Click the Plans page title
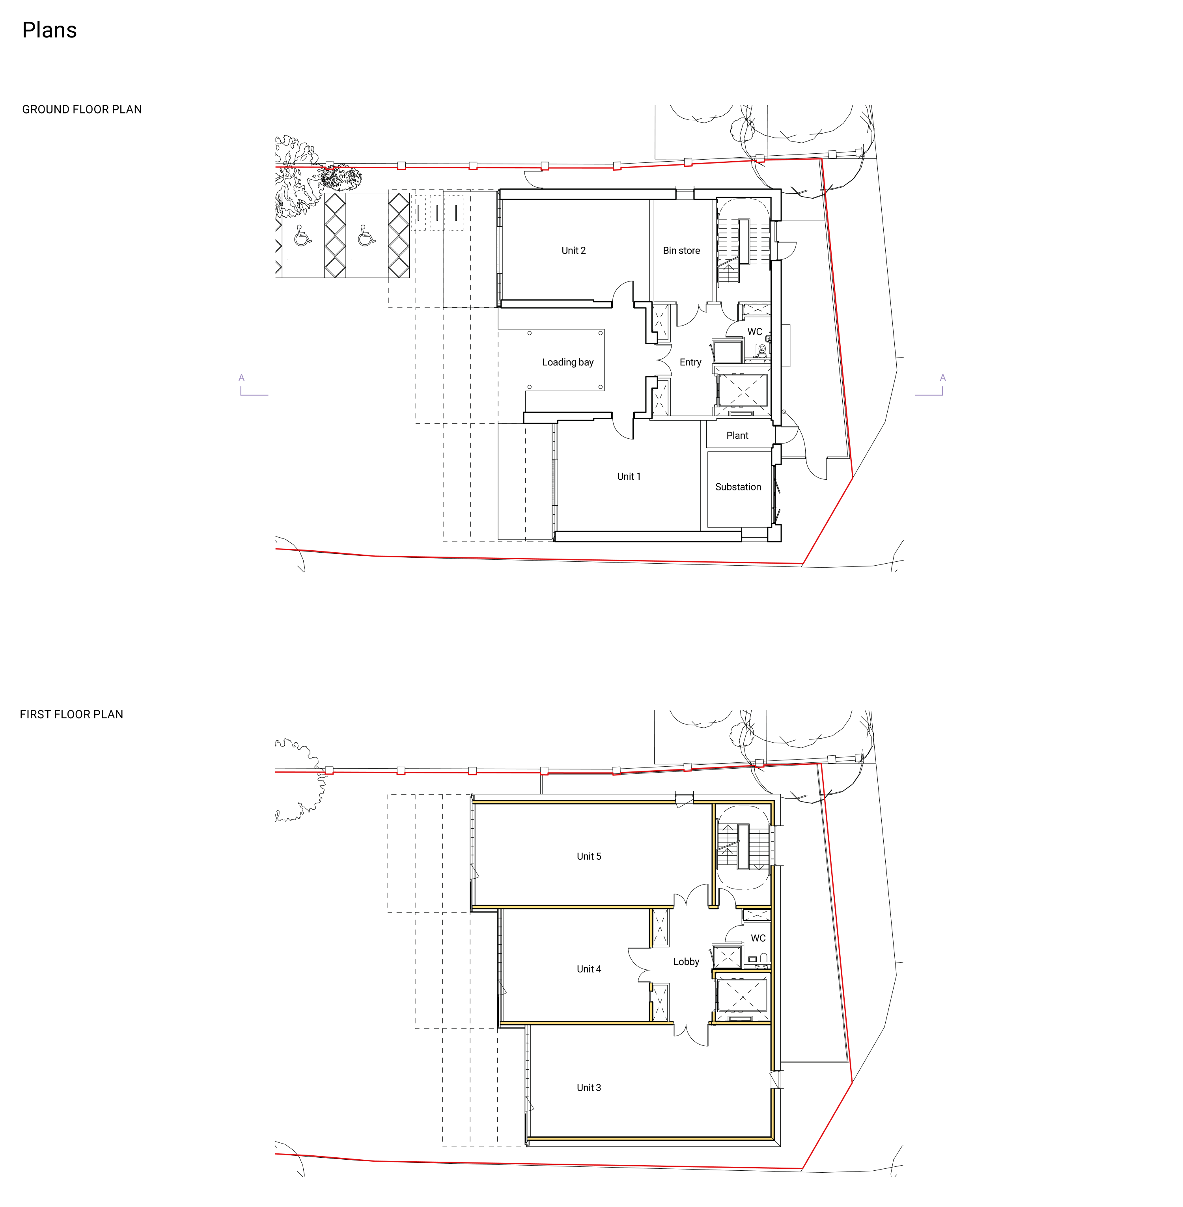(50, 30)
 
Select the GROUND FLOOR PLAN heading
(82, 109)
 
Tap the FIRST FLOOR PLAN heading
(71, 714)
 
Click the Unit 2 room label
(573, 250)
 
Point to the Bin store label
(681, 250)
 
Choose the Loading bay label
(568, 362)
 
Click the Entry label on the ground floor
(690, 362)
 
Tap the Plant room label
(737, 436)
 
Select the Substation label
(738, 487)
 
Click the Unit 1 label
(629, 477)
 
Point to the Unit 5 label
(589, 856)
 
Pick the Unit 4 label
(589, 969)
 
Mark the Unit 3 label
(589, 1087)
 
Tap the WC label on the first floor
(758, 938)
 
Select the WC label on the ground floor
(755, 332)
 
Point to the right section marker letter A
(942, 378)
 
